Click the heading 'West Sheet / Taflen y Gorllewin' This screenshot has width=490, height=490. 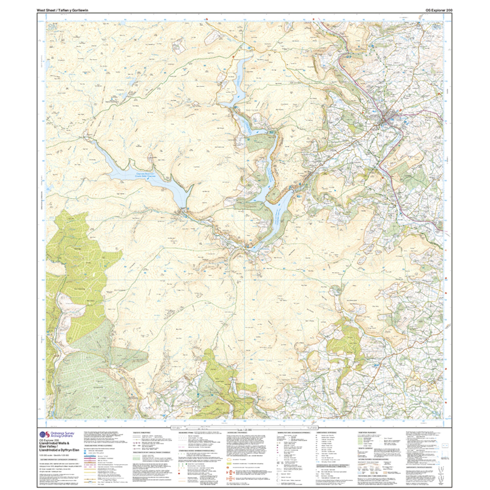tap(62, 10)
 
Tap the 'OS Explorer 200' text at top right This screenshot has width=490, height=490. tap(439, 10)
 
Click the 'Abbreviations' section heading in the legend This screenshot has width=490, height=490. tap(327, 433)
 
